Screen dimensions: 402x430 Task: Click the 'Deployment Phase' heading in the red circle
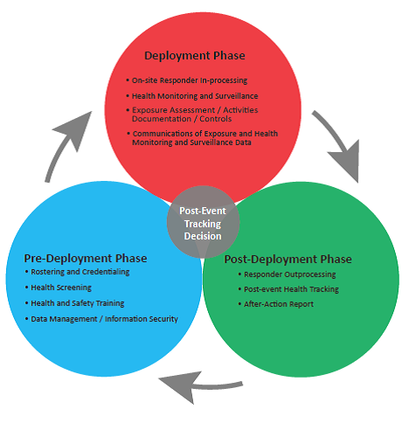click(195, 56)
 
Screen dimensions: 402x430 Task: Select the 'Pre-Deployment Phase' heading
click(86, 259)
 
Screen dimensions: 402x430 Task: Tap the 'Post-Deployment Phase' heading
click(288, 260)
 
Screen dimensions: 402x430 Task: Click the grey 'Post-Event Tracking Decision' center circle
click(203, 222)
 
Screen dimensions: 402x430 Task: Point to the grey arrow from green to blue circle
click(201, 386)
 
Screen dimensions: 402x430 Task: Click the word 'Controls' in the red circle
click(216, 119)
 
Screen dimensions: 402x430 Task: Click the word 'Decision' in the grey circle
click(203, 236)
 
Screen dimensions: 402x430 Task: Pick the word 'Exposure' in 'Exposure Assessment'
click(149, 110)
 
